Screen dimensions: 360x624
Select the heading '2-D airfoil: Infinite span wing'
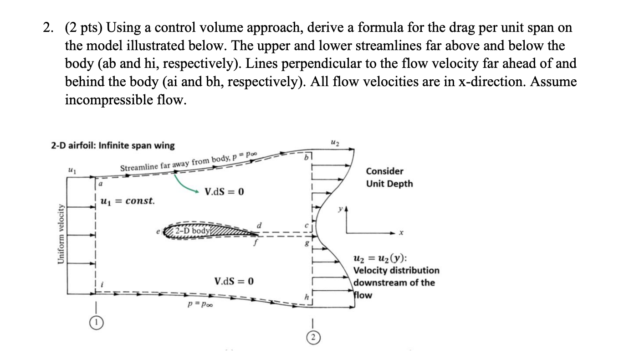click(112, 145)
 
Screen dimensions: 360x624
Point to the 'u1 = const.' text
click(127, 200)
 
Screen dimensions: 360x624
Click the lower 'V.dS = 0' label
click(234, 281)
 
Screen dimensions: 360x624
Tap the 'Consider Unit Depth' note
click(389, 177)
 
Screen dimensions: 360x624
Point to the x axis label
click(401, 233)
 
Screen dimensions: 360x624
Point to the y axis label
click(339, 210)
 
